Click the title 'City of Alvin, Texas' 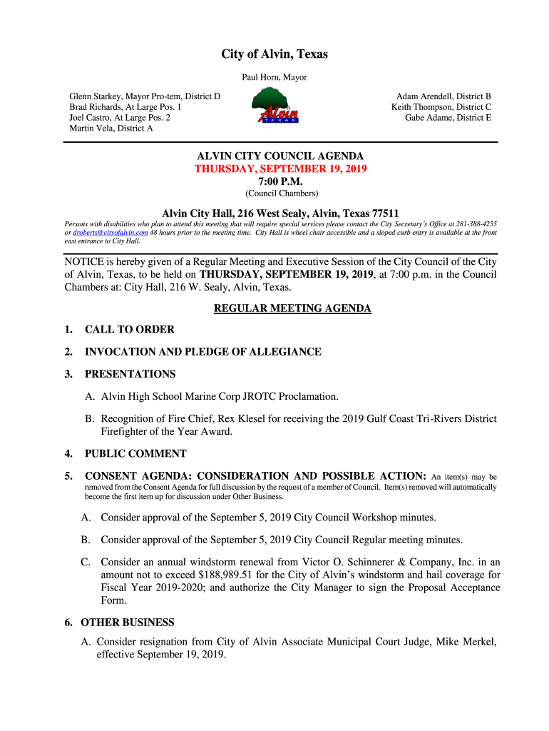274,55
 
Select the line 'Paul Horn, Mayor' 274,77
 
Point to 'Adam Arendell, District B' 443,96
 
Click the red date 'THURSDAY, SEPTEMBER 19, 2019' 281,169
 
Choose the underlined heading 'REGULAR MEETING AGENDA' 292,308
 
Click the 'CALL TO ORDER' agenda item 130,330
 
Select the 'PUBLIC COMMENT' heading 135,453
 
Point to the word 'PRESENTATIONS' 130,374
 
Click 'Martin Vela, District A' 111,128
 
